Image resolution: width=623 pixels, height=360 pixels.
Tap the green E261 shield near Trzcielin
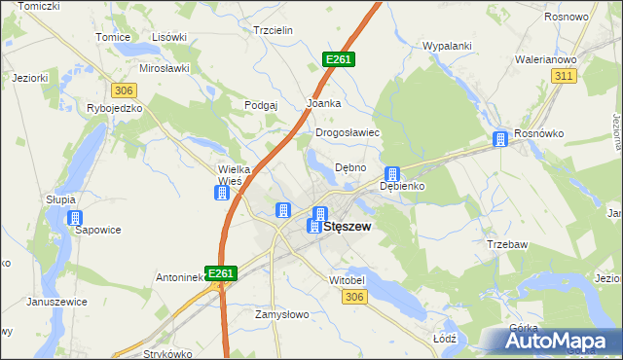pos(339,60)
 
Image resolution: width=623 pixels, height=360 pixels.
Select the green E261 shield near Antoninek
pos(220,274)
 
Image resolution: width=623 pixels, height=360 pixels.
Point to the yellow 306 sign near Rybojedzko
pos(123,90)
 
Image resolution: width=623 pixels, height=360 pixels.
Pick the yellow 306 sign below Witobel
pos(353,297)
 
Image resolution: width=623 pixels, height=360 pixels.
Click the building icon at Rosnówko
pos(500,139)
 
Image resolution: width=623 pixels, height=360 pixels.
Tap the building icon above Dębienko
pos(392,173)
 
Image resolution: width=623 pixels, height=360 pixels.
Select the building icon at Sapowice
pos(74,219)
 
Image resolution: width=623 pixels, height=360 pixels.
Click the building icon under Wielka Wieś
pos(222,193)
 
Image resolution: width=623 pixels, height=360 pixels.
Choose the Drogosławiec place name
pos(347,132)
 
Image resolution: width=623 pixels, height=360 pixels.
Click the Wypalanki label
pos(447,46)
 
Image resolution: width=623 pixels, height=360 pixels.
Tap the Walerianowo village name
pos(546,59)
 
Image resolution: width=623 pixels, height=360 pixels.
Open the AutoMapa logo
pos(558,340)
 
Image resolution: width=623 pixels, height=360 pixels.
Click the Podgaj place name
pos(262,105)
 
